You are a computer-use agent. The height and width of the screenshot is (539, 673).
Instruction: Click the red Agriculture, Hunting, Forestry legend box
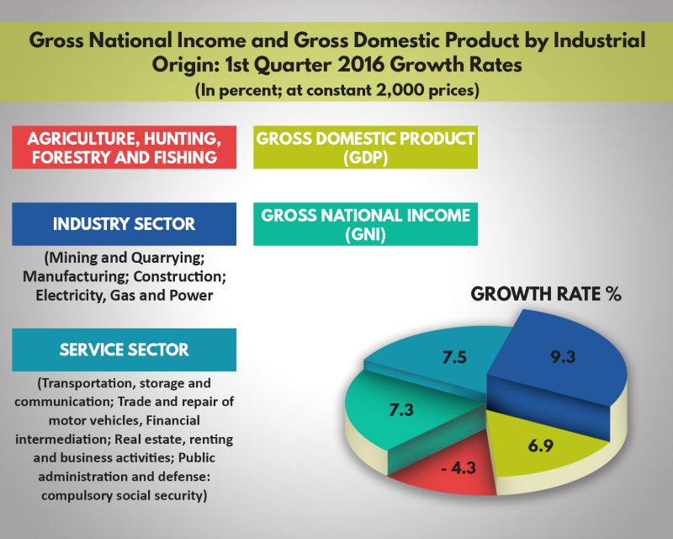coord(124,147)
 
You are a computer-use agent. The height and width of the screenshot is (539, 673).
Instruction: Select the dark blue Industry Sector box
coord(124,225)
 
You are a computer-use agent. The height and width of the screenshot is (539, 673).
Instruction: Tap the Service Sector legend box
coord(124,349)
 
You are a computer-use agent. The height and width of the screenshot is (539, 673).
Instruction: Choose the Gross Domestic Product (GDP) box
coord(364,147)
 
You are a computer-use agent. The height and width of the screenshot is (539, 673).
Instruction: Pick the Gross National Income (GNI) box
coord(364,225)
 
